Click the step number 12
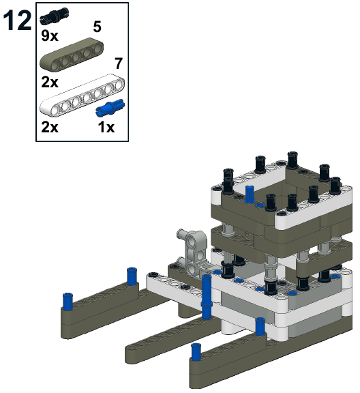click(x=17, y=21)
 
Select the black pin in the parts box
click(x=54, y=16)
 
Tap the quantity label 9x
click(x=50, y=35)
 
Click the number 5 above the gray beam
click(x=97, y=27)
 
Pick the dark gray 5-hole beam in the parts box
click(x=72, y=55)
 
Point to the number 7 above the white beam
click(x=119, y=63)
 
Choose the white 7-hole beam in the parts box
click(x=82, y=95)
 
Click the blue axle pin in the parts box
click(x=110, y=108)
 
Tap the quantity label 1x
click(x=106, y=127)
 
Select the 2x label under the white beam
click(x=50, y=127)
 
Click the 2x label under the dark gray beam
click(x=50, y=82)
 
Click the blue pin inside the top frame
click(x=250, y=194)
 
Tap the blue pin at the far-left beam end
click(x=67, y=302)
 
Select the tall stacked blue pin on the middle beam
click(x=207, y=297)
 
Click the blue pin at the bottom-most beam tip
click(x=196, y=352)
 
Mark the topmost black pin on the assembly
click(x=292, y=160)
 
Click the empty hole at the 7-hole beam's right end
click(x=119, y=85)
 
